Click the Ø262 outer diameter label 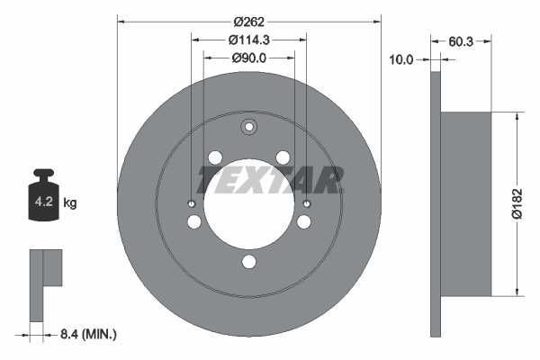pyautogui.click(x=249, y=22)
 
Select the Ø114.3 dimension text pyautogui.click(x=249, y=40)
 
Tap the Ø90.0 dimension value pyautogui.click(x=249, y=57)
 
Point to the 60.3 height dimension pyautogui.click(x=461, y=41)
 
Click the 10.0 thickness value pyautogui.click(x=401, y=60)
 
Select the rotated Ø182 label pyautogui.click(x=530, y=202)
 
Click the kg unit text pyautogui.click(x=71, y=203)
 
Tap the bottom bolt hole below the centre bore pyautogui.click(x=249, y=264)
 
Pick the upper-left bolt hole pyautogui.click(x=214, y=158)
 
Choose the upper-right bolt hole pyautogui.click(x=283, y=158)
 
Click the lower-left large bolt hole pyautogui.click(x=194, y=221)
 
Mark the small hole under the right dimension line pyautogui.click(x=307, y=202)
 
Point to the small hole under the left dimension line pyautogui.click(x=191, y=202)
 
